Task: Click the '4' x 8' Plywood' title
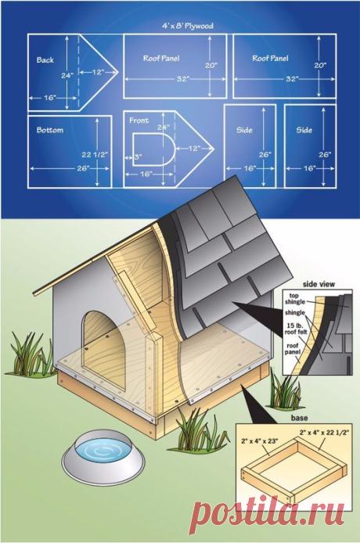point(188,26)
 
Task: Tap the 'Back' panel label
point(45,60)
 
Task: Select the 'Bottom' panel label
point(50,130)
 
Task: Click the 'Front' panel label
point(139,120)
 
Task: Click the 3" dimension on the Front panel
point(138,156)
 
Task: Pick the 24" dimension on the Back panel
point(67,75)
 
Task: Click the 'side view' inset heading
point(319,284)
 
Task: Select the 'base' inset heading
point(300,418)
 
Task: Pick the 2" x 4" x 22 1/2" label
point(324,432)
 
